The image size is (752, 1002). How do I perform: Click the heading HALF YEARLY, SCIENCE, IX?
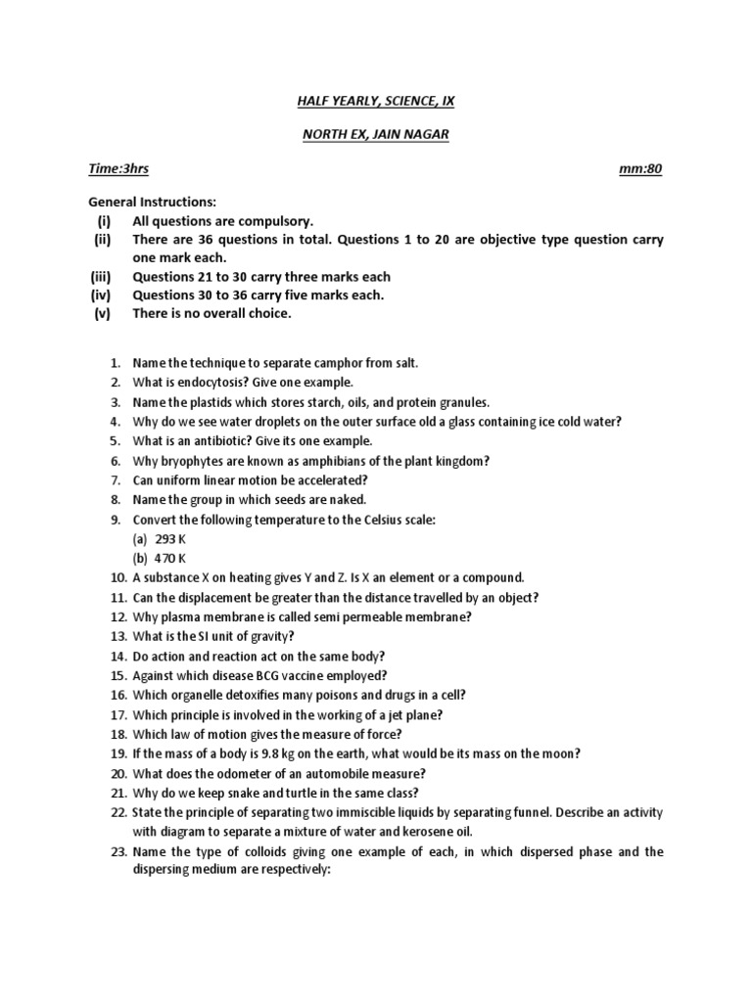tap(376, 101)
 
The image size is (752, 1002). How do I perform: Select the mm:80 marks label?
tap(641, 168)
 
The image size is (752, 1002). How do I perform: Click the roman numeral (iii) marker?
tap(100, 277)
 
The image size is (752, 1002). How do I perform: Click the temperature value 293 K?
tap(169, 539)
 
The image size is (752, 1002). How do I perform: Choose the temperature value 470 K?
tap(169, 559)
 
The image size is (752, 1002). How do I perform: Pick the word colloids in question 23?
tap(251, 851)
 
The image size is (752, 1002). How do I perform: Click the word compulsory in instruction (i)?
tap(280, 221)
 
